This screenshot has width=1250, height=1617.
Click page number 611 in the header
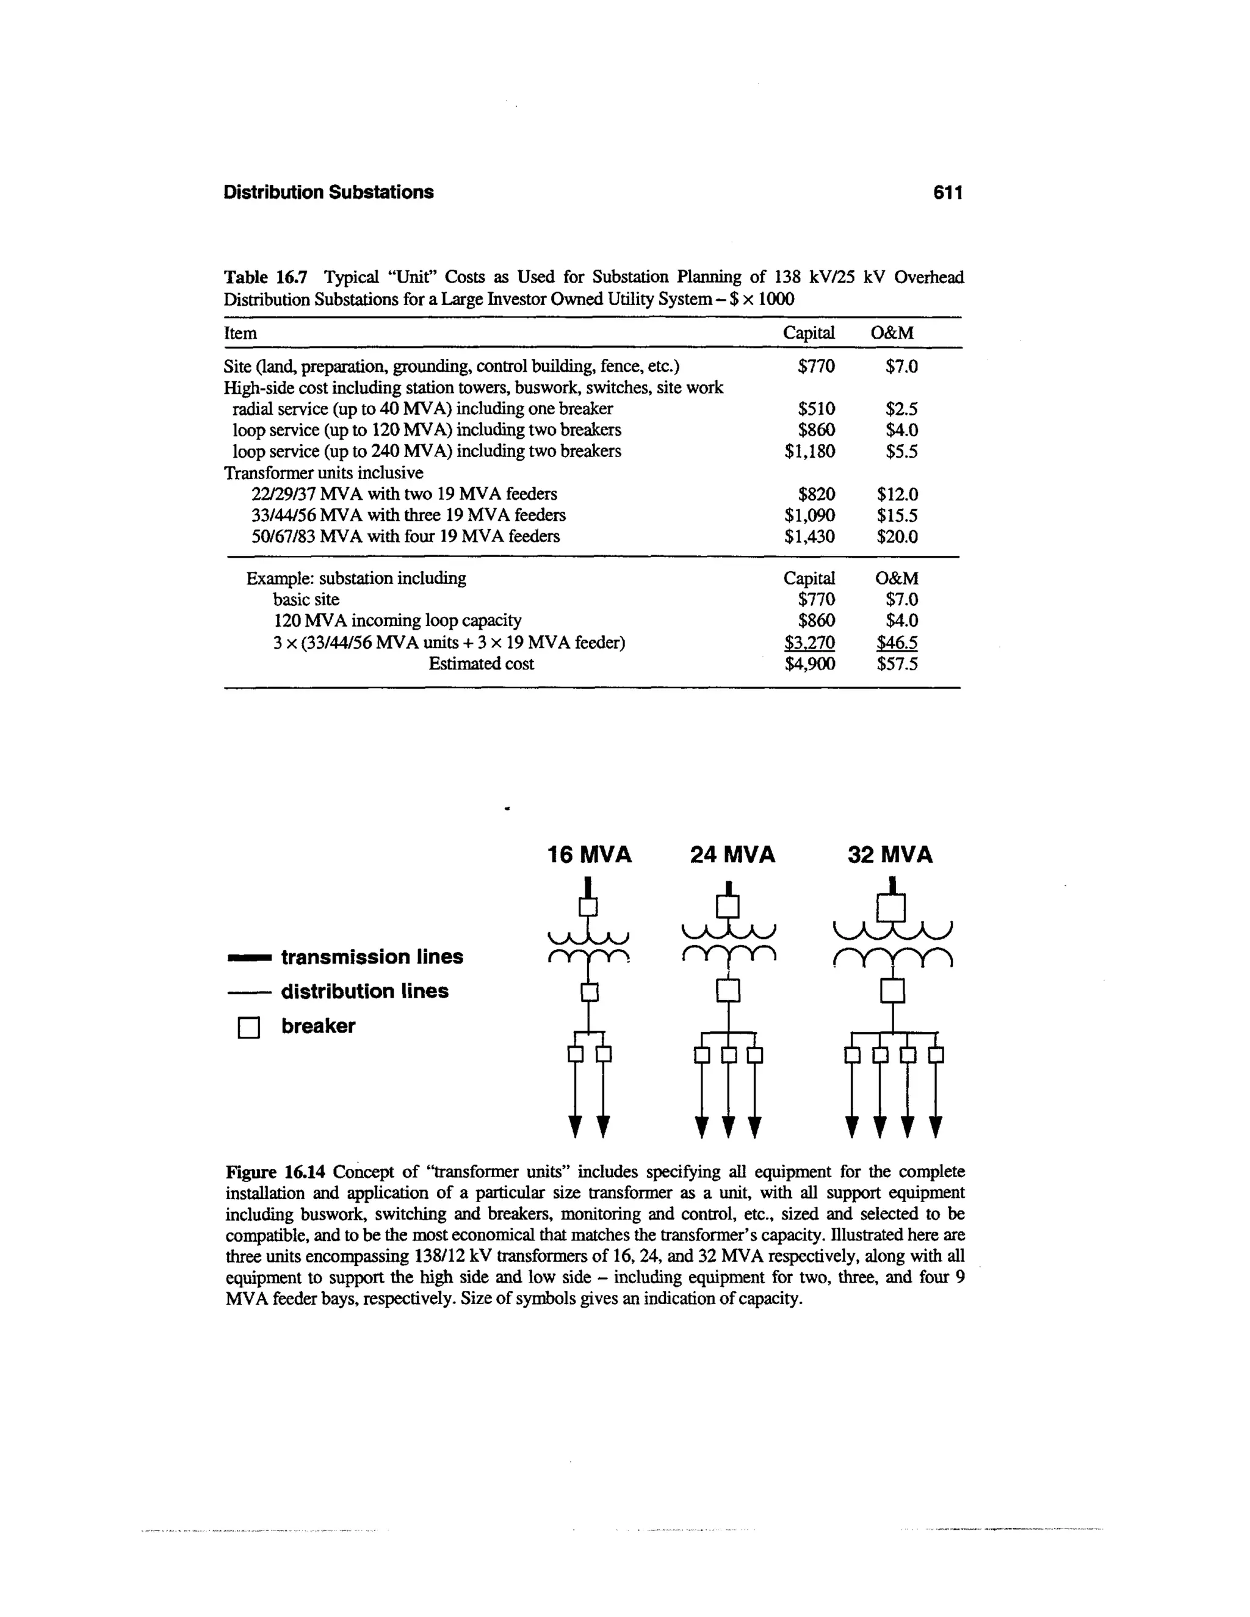(x=948, y=192)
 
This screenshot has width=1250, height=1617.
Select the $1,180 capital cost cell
(x=809, y=452)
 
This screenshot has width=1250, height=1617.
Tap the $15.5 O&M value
(x=897, y=516)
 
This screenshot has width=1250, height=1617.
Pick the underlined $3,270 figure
(x=809, y=643)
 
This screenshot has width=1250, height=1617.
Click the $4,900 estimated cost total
(x=809, y=664)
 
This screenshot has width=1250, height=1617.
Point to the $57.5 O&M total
(x=897, y=664)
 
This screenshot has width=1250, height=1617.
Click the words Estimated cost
(x=482, y=664)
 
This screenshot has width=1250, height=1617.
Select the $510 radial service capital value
(x=816, y=409)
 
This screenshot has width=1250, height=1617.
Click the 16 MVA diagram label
(x=590, y=855)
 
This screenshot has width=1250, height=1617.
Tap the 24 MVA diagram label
(x=732, y=855)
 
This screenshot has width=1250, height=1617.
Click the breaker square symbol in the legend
(x=249, y=1028)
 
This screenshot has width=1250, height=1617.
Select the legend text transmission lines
(x=372, y=957)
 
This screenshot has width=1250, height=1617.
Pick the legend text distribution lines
(x=364, y=992)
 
